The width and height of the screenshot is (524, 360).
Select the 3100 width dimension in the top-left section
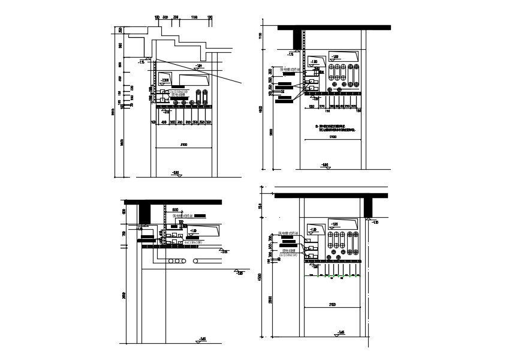click(183, 145)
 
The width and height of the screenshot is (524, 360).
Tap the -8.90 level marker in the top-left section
click(176, 173)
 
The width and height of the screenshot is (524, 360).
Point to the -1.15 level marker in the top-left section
click(141, 61)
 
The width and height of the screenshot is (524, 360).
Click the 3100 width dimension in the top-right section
click(333, 137)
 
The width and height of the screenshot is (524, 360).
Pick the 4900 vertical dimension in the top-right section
click(260, 109)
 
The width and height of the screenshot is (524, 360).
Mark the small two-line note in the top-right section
click(336, 127)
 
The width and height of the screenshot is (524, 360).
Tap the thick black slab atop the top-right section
click(334, 28)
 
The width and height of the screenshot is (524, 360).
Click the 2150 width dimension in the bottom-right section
click(332, 305)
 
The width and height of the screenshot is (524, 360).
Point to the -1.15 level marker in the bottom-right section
click(374, 223)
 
